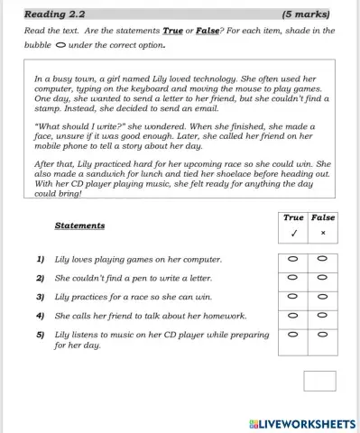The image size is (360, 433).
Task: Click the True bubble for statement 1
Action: click(292, 259)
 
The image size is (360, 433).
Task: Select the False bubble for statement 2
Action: click(322, 278)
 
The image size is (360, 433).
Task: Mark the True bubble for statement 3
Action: click(292, 297)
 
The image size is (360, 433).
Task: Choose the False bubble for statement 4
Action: click(322, 316)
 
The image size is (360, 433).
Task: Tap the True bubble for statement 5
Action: click(292, 335)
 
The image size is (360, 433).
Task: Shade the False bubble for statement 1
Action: click(322, 259)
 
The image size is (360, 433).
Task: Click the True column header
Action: click(293, 217)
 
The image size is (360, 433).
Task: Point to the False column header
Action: click(322, 217)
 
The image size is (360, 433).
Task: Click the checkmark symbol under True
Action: click(293, 233)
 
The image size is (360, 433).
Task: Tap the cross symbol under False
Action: click(322, 233)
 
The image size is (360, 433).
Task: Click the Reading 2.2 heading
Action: click(54, 14)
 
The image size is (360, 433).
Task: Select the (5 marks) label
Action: click(306, 14)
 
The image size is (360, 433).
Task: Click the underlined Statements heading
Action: click(79, 226)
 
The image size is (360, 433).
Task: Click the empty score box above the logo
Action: click(319, 381)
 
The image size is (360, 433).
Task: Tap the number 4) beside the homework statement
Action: click(41, 316)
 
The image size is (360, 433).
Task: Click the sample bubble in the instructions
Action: click(60, 43)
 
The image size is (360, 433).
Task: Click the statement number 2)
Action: click(41, 278)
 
